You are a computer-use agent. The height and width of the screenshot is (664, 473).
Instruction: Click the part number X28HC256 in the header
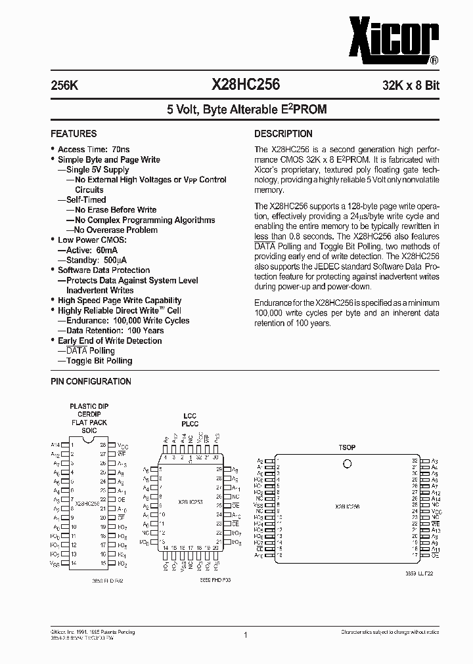coord(246,85)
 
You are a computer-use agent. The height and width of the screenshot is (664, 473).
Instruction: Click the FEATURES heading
coord(74,133)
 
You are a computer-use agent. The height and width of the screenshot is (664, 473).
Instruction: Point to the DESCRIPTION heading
coord(283,133)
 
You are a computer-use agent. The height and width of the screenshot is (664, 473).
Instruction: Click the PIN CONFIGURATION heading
coord(91,381)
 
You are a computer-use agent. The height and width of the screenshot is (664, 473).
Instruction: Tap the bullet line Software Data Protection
coord(104,270)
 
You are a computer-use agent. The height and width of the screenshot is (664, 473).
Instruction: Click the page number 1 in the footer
coord(245,635)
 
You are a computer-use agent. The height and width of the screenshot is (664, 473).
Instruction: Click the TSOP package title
coord(347,447)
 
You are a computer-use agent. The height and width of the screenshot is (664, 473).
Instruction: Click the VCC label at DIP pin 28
coord(122,445)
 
